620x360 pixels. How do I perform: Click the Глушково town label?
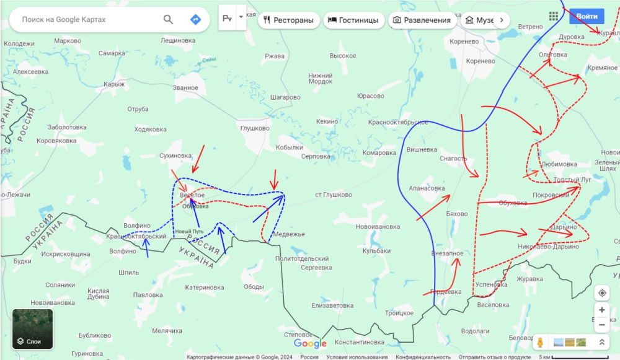(255, 128)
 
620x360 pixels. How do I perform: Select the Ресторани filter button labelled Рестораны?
(288, 20)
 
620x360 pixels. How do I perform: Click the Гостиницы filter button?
(353, 20)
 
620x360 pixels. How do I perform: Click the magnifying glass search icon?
(168, 20)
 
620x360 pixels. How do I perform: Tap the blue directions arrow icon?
(195, 20)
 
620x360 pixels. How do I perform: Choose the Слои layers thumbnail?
(33, 329)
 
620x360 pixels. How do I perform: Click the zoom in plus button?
(601, 310)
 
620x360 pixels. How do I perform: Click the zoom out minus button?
(601, 325)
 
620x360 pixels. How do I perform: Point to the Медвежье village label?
(289, 234)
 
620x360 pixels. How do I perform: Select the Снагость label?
(453, 159)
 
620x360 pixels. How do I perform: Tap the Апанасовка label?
(427, 188)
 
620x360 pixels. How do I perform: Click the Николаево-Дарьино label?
(547, 247)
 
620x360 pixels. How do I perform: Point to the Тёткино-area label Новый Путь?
(190, 232)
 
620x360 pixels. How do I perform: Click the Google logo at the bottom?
(310, 344)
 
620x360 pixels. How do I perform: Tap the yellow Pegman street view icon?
(540, 342)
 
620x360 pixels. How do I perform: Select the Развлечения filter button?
(421, 20)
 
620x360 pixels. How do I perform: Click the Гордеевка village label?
(446, 292)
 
